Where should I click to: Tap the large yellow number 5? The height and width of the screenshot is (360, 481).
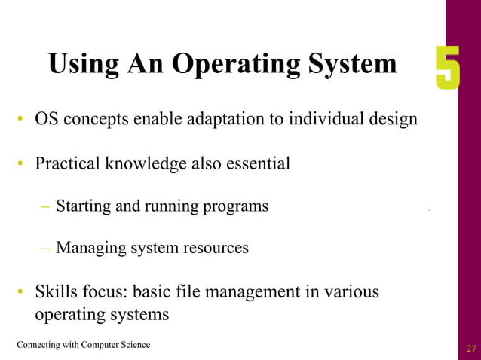447,69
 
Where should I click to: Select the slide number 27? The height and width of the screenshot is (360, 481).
471,348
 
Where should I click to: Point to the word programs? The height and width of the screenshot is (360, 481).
235,206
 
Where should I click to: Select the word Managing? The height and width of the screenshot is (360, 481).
89,247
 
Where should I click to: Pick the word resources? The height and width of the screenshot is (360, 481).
218,247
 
